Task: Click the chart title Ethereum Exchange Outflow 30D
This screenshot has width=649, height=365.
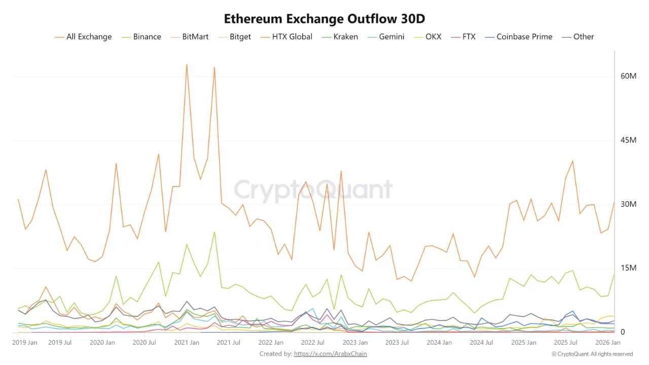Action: pos(324,19)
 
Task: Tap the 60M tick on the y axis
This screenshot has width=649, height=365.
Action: pos(628,76)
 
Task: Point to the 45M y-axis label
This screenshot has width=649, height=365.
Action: pos(628,140)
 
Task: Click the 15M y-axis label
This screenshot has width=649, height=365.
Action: pos(628,268)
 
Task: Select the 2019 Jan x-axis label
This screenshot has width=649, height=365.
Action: pos(24,343)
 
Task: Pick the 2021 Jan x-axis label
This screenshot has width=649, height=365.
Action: pos(187,343)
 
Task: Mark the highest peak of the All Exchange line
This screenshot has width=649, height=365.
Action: pos(187,64)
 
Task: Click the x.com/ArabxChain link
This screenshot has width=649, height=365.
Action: pos(330,353)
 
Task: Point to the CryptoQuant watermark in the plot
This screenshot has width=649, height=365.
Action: pos(313,190)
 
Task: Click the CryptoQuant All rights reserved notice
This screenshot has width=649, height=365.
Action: pos(592,354)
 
